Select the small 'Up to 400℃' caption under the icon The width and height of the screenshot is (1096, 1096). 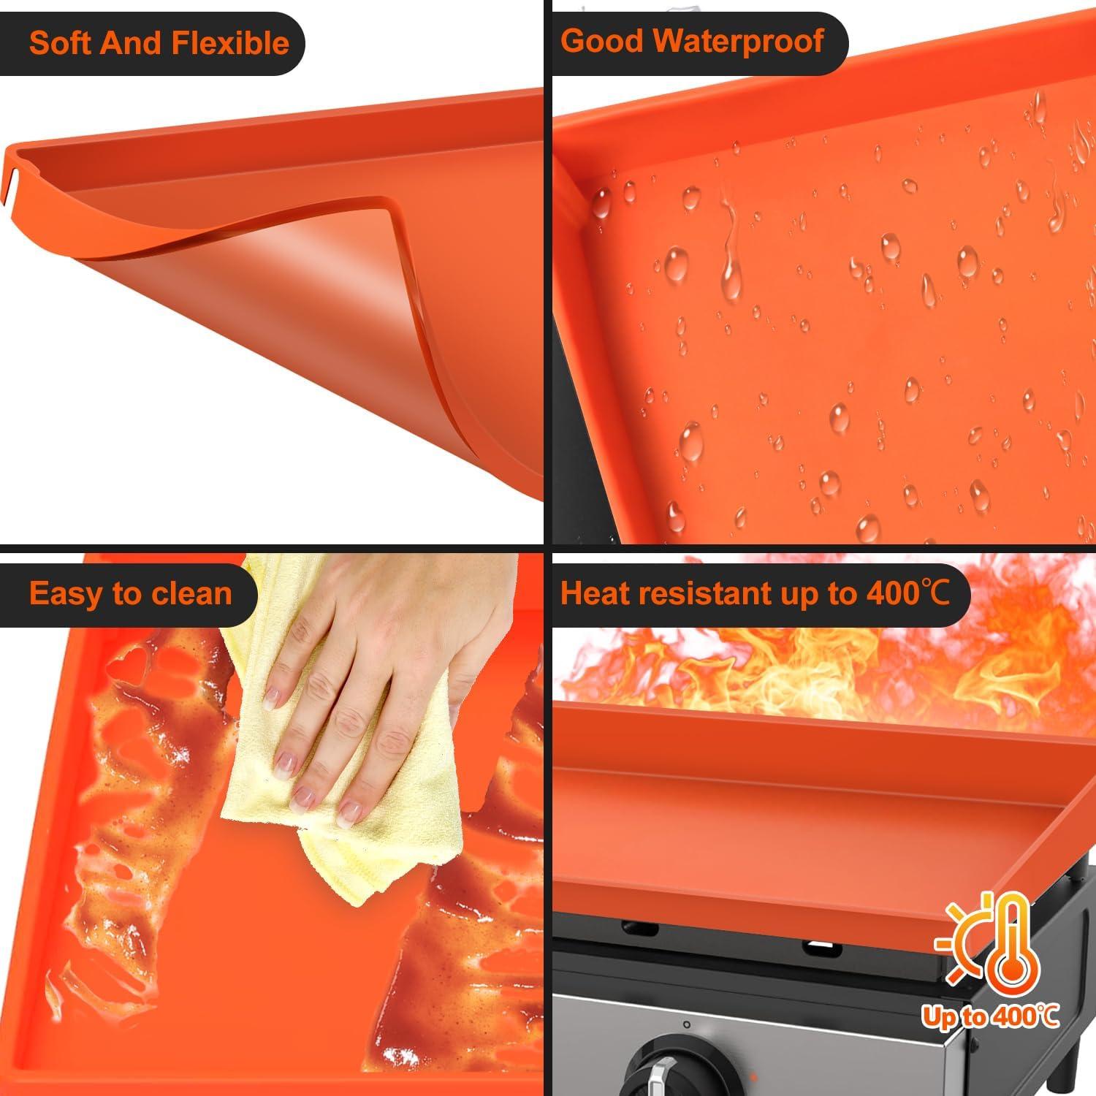(x=990, y=1016)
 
